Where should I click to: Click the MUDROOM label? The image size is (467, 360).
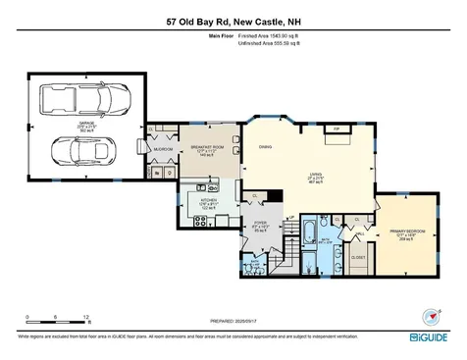[x=161, y=150]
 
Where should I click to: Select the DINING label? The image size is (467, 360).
[x=264, y=146]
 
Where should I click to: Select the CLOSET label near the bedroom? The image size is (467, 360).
[x=359, y=257]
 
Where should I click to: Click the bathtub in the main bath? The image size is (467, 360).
[x=309, y=232]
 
